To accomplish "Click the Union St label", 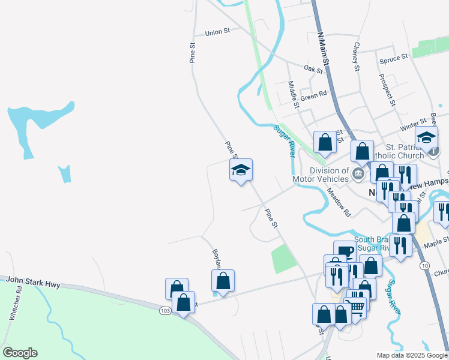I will coord(217,32).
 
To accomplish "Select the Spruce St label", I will coord(394,58).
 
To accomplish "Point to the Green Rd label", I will coord(313,95).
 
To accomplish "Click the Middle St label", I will coord(293,95).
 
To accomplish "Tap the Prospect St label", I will coord(387,90).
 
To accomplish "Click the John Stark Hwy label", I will coord(34,283).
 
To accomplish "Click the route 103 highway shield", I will coord(166,311).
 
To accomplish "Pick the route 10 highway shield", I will coord(425,265).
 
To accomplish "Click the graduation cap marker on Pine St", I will coord(241,170).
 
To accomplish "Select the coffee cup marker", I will coord(345,251).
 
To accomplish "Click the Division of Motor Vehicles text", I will coord(321,175).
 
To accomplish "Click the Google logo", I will coord(20,353).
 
